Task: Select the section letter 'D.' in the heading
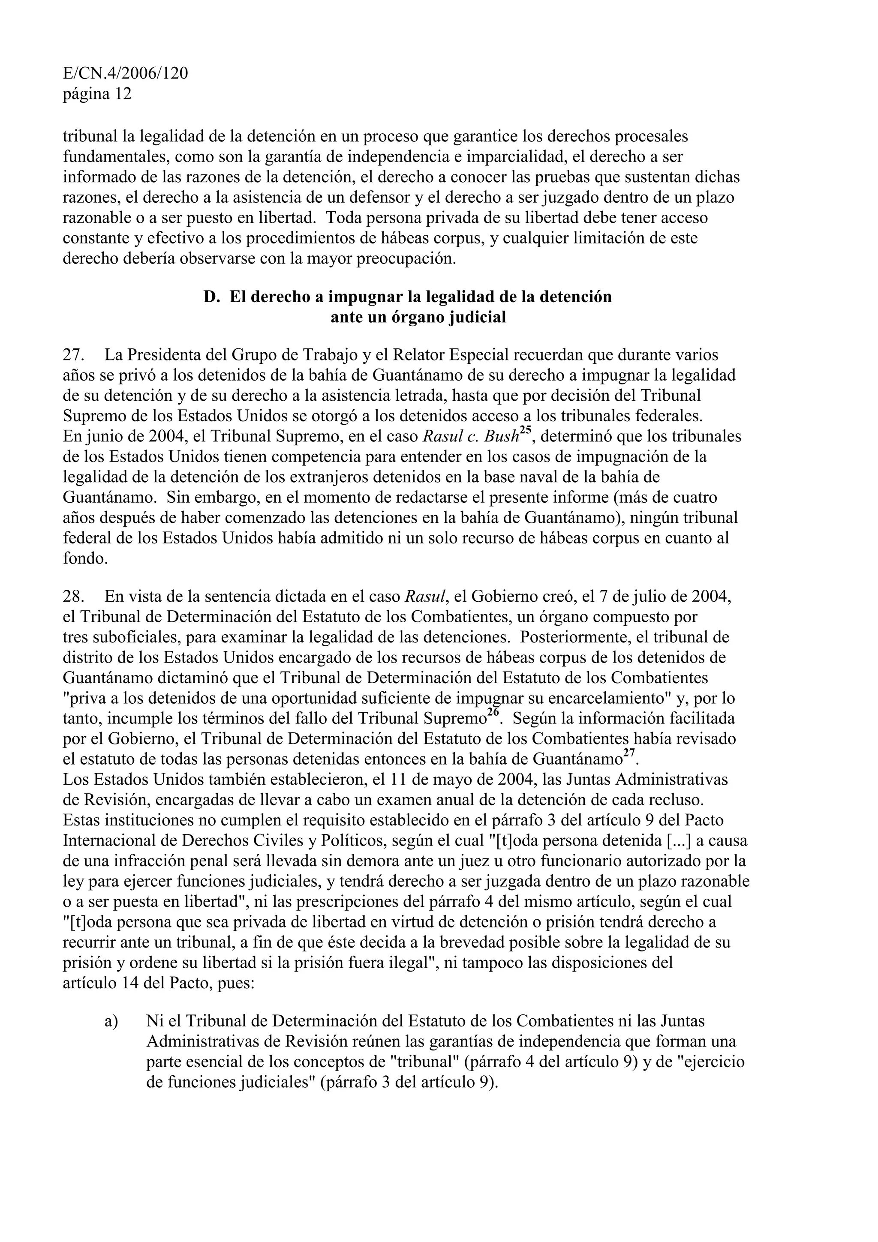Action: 211,297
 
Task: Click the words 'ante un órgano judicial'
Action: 418,317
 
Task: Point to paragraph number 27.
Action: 72,355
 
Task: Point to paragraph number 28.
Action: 72,597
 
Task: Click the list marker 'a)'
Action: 111,1021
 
